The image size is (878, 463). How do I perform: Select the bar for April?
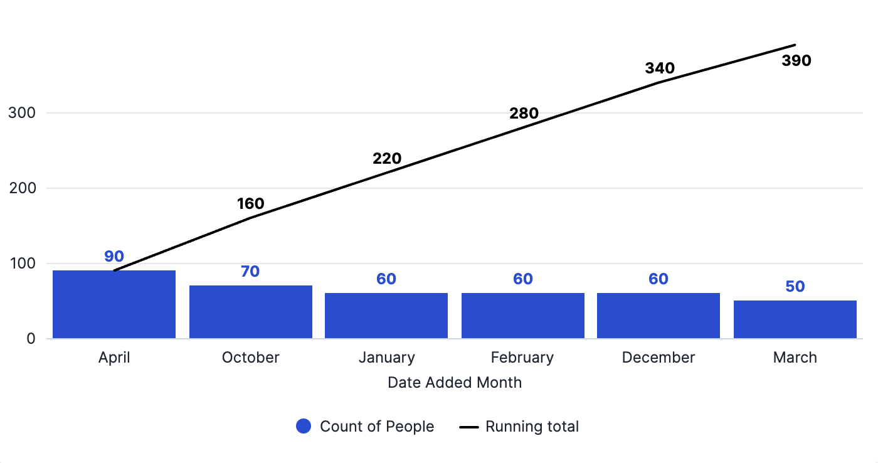(114, 304)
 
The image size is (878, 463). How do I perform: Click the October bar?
(251, 312)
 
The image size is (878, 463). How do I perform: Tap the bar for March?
(795, 319)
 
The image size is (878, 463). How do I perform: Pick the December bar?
(658, 316)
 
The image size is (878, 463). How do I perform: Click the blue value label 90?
(114, 257)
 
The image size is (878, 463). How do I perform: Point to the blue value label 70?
(250, 271)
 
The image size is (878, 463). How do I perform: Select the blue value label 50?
(795, 286)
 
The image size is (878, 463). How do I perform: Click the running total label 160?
(250, 203)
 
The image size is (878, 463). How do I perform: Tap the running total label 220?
(387, 158)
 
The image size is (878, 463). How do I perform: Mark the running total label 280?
(524, 114)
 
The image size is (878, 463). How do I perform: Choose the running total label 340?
(660, 68)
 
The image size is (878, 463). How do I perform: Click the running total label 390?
(796, 61)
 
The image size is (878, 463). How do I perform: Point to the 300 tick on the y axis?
(22, 113)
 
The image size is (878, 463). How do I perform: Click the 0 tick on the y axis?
(31, 339)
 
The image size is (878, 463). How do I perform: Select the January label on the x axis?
(387, 358)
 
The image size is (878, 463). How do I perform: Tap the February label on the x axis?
(522, 358)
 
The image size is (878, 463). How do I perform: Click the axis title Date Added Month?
(455, 383)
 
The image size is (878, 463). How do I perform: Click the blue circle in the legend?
(304, 426)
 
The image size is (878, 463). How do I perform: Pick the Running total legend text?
(532, 427)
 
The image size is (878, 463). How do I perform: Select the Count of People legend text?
(377, 427)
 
